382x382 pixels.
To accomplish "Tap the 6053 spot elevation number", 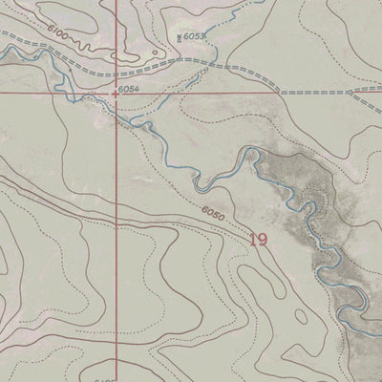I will coord(195,35).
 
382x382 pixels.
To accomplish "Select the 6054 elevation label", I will coord(129,90).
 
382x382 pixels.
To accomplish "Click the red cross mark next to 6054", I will coord(117,94).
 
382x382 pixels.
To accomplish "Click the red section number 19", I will coord(258,240).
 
